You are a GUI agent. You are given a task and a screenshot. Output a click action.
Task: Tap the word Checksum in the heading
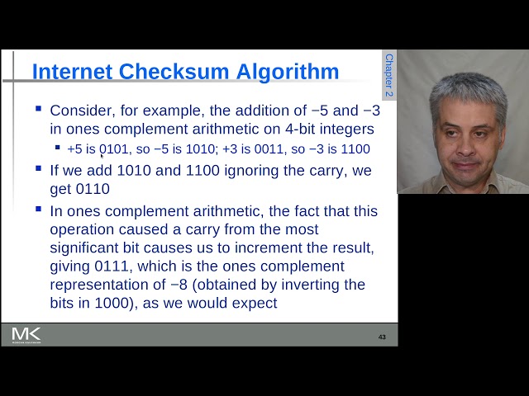coord(171,72)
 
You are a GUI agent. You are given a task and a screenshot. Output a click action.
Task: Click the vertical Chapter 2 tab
coord(388,76)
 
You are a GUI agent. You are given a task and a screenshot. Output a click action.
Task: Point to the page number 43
coord(382,337)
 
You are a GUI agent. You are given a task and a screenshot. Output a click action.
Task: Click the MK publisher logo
coord(26,334)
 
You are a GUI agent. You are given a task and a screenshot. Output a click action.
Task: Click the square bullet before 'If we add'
coord(39,168)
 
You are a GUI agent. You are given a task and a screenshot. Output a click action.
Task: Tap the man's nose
coord(469,138)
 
